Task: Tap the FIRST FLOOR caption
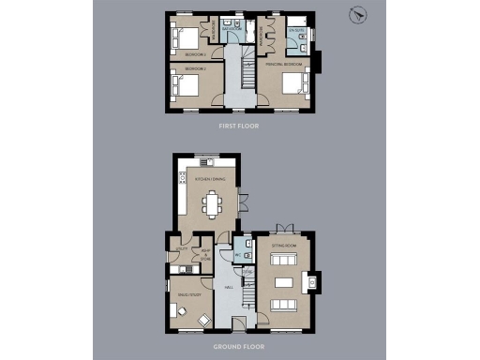pos(239,125)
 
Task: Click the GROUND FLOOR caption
pos(239,346)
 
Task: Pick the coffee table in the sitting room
pos(283,281)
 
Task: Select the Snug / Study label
pos(187,295)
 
